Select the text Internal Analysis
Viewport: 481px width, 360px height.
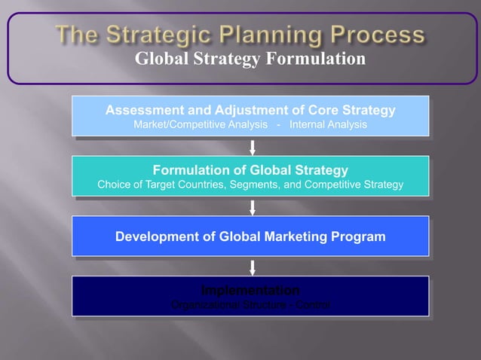(x=329, y=124)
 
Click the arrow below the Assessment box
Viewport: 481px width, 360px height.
(x=253, y=146)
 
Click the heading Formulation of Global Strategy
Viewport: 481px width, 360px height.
(x=250, y=170)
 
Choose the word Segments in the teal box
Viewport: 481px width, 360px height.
(x=273, y=185)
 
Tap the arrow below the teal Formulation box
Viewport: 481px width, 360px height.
(x=253, y=206)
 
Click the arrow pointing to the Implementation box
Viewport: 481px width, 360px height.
(x=253, y=267)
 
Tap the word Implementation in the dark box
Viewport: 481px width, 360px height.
(x=250, y=291)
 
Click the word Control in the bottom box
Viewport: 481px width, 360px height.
(x=311, y=305)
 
